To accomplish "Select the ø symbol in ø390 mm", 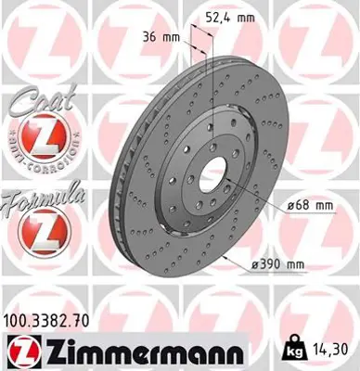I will pyautogui.click(x=255, y=264).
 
